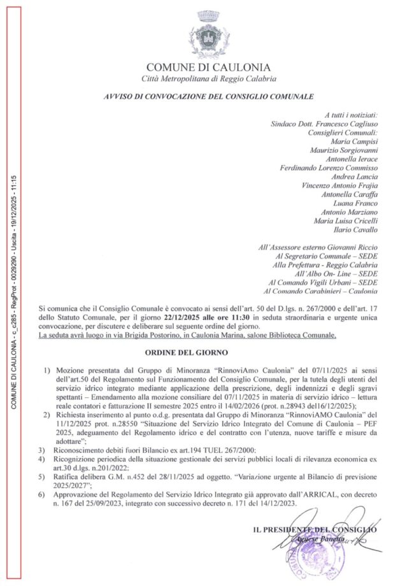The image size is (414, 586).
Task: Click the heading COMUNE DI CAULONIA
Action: pos(208,67)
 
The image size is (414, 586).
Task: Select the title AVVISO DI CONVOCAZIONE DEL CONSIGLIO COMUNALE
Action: pos(208,97)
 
